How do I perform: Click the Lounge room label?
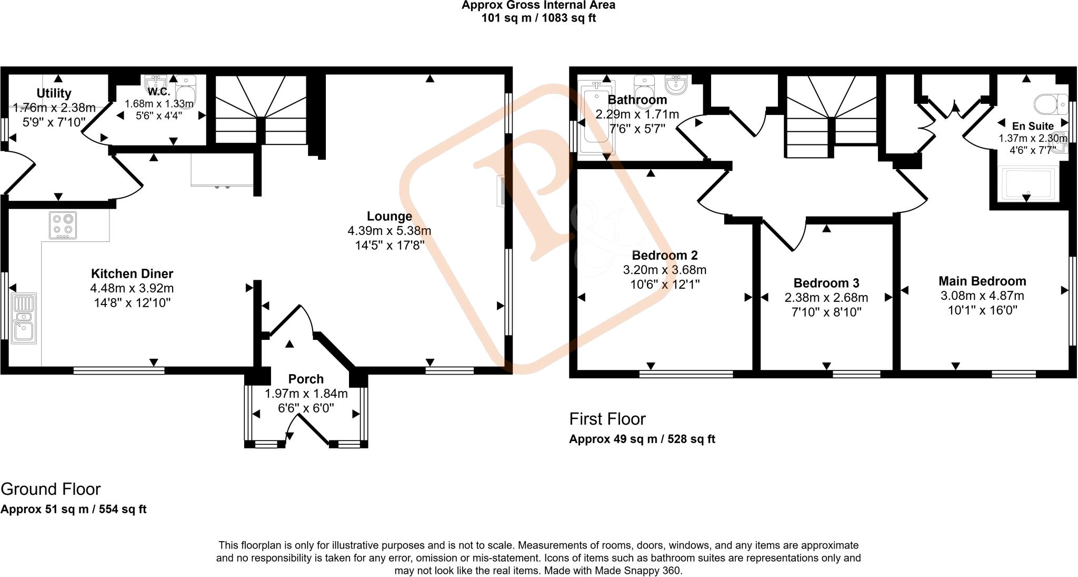click(x=389, y=216)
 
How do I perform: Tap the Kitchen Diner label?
click(x=132, y=273)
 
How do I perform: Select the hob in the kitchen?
click(x=63, y=225)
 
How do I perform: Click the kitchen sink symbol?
click(x=24, y=318)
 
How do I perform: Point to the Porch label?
click(x=306, y=379)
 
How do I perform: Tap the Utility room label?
click(x=54, y=93)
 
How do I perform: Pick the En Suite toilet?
click(x=1050, y=104)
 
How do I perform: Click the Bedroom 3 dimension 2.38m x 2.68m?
click(x=826, y=298)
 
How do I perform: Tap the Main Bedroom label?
click(x=982, y=281)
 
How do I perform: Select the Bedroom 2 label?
click(x=664, y=256)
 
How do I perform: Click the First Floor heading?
click(x=607, y=419)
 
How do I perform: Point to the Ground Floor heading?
click(x=51, y=489)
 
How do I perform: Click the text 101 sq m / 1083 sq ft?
click(x=538, y=18)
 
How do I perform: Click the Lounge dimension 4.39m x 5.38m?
click(x=389, y=231)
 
